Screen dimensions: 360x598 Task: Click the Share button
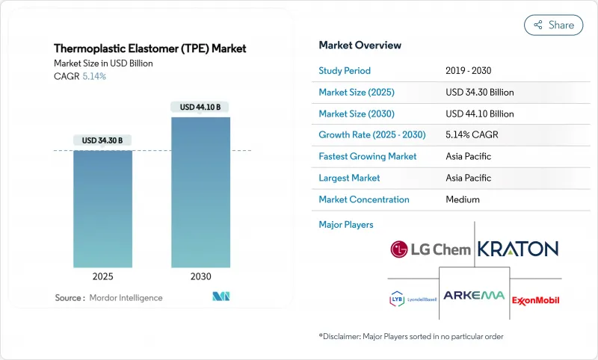(x=554, y=25)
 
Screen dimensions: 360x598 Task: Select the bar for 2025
(x=102, y=209)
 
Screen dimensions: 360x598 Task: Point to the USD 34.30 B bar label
(x=102, y=140)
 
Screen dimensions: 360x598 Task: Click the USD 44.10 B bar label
(x=200, y=108)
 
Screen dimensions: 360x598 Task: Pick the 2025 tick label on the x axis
(x=102, y=276)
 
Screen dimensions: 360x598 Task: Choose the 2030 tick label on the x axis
(x=200, y=276)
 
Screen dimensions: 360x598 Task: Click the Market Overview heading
(x=360, y=45)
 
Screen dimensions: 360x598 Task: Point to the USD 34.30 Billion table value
(x=479, y=93)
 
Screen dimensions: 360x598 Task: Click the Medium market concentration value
(x=462, y=199)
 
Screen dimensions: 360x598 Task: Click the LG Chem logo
(x=431, y=249)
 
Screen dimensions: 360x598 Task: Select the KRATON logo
(x=517, y=249)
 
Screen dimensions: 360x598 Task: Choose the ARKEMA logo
(x=475, y=295)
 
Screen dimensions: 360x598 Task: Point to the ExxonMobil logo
(x=535, y=300)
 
